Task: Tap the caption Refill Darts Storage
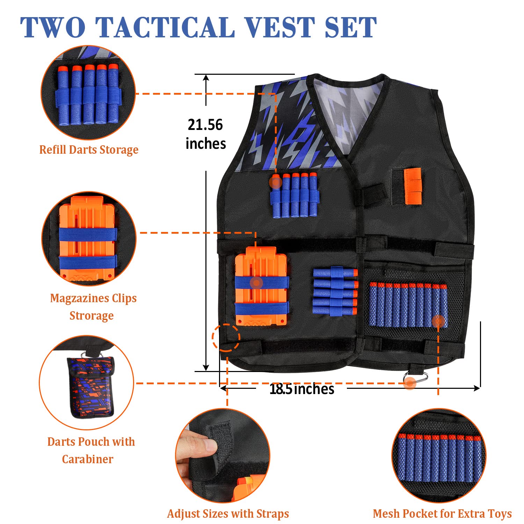click(89, 150)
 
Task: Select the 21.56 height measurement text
click(205, 125)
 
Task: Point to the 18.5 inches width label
click(302, 389)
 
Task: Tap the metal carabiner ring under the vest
click(415, 378)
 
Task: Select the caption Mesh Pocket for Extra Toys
click(442, 514)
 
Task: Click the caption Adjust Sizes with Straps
click(228, 514)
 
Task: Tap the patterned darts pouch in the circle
click(90, 386)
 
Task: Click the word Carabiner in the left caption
click(88, 459)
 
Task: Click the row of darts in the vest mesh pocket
click(408, 305)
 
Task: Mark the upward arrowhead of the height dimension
click(206, 79)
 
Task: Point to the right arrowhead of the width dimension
click(476, 388)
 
